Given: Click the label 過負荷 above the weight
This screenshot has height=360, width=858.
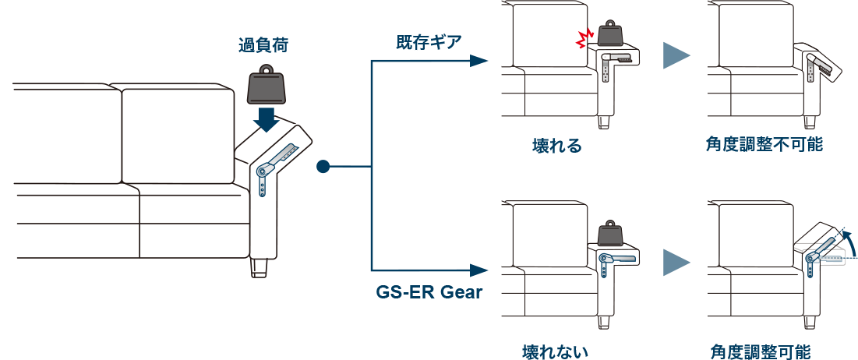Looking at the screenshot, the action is [x=263, y=45].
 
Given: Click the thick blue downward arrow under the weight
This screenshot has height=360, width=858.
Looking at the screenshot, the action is [x=267, y=120].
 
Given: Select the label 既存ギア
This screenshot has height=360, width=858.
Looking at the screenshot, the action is [x=429, y=43].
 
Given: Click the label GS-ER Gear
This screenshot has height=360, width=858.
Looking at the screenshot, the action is [x=429, y=292].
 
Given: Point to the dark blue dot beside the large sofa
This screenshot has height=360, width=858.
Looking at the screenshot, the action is [x=323, y=166].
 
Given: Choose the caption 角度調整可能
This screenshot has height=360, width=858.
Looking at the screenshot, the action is [x=761, y=351].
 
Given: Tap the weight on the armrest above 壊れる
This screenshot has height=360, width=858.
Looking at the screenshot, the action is [x=611, y=34].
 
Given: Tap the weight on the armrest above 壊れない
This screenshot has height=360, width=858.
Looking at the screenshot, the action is [x=611, y=236].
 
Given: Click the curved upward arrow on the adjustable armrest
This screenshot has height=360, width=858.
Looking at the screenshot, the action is [x=843, y=242].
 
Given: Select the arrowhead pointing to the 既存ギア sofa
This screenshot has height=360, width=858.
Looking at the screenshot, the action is [x=478, y=61].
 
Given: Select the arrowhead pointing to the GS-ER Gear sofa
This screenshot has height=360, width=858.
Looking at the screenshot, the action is [x=478, y=270].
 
